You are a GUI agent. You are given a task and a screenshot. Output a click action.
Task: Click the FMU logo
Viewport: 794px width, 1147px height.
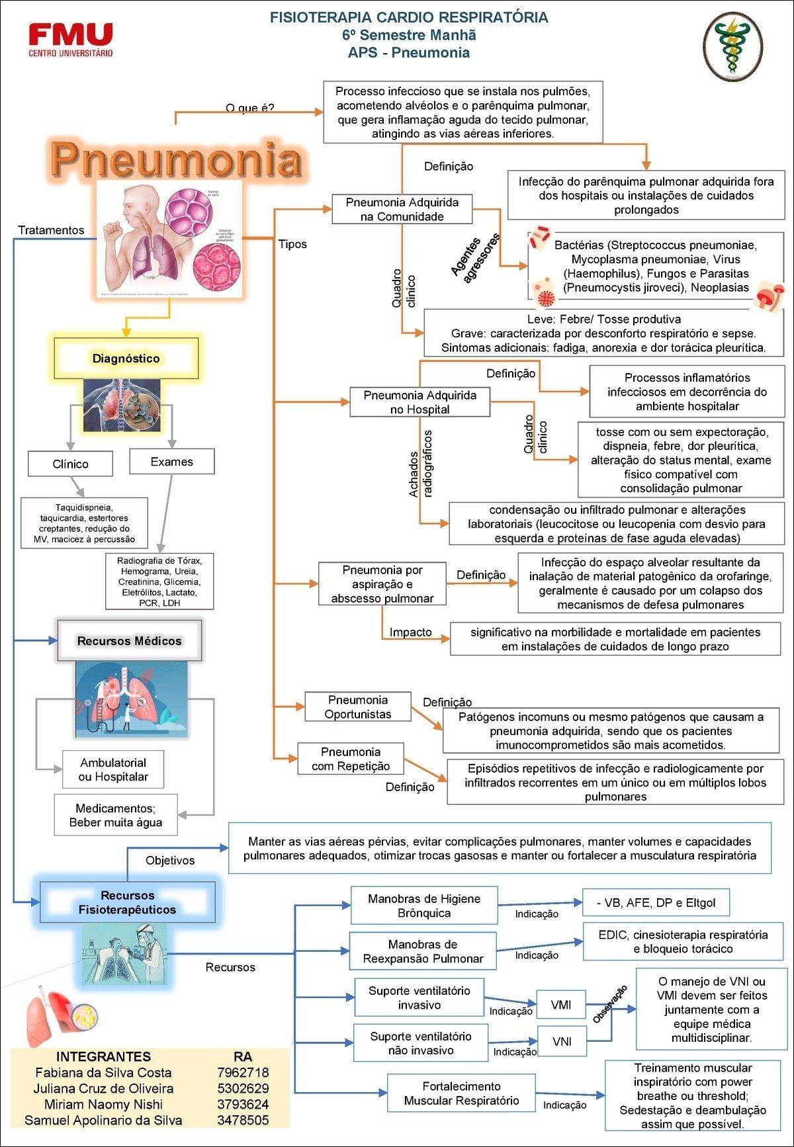71,39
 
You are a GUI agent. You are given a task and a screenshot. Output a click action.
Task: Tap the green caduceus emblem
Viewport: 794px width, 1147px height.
732,46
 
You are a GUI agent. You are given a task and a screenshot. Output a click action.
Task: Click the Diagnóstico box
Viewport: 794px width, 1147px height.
126,359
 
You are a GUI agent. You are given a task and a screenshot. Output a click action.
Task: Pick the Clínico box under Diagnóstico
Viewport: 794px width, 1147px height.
70,464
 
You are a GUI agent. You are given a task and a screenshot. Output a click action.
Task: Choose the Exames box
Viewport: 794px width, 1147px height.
172,462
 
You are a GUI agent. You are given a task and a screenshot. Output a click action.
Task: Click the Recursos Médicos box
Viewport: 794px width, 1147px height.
130,640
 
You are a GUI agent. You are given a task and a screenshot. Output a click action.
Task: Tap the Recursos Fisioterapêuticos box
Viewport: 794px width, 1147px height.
128,902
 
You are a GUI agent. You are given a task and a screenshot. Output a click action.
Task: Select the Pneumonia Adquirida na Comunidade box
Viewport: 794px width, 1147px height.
402,210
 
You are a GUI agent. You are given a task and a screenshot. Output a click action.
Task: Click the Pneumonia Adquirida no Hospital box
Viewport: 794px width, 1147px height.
419,402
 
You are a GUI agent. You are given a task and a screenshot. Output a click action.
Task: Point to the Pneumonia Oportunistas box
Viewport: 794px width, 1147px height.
358,707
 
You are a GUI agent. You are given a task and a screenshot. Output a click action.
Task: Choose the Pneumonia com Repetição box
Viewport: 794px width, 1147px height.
351,759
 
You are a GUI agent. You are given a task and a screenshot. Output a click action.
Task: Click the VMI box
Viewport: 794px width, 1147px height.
561,1005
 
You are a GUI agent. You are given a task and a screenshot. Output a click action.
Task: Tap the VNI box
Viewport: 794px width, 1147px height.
562,1041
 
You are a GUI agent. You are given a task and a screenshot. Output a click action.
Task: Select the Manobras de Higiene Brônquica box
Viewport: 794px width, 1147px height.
424,906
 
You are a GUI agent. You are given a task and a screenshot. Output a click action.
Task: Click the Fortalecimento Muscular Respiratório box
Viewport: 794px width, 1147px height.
461,1093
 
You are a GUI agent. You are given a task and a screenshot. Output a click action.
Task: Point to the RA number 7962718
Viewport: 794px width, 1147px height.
243,1072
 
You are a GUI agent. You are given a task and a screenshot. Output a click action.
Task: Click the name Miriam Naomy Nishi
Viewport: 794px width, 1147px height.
103,1104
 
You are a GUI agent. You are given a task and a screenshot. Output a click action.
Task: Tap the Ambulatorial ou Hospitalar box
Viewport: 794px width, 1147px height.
113,769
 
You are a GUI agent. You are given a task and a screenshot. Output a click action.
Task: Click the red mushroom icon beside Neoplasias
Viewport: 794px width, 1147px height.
769,295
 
